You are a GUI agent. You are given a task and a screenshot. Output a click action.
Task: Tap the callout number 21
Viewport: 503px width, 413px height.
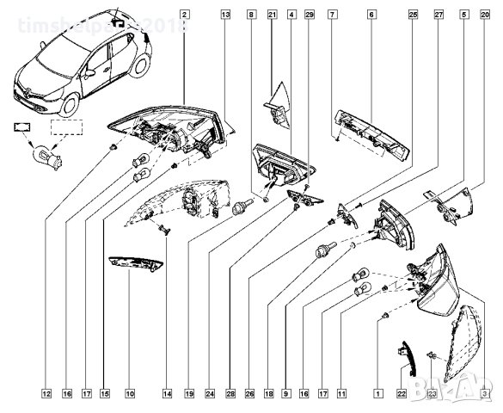click(272, 15)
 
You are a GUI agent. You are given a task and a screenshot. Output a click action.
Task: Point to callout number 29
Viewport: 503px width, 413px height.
click(310, 15)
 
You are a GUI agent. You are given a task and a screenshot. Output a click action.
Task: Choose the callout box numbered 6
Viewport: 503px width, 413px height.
click(371, 15)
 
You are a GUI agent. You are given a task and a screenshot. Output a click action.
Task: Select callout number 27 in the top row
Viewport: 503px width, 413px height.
click(439, 15)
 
